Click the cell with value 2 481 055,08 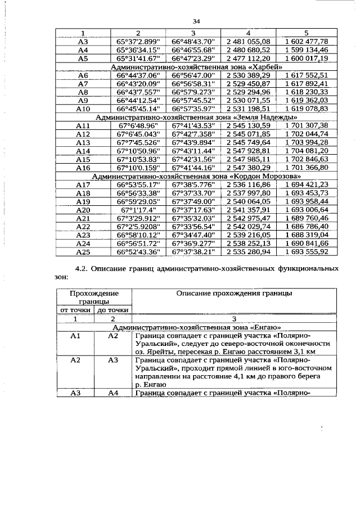click(248, 41)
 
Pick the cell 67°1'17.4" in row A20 click(138, 209)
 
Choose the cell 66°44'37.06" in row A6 click(138, 75)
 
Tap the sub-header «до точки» click(112, 310)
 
